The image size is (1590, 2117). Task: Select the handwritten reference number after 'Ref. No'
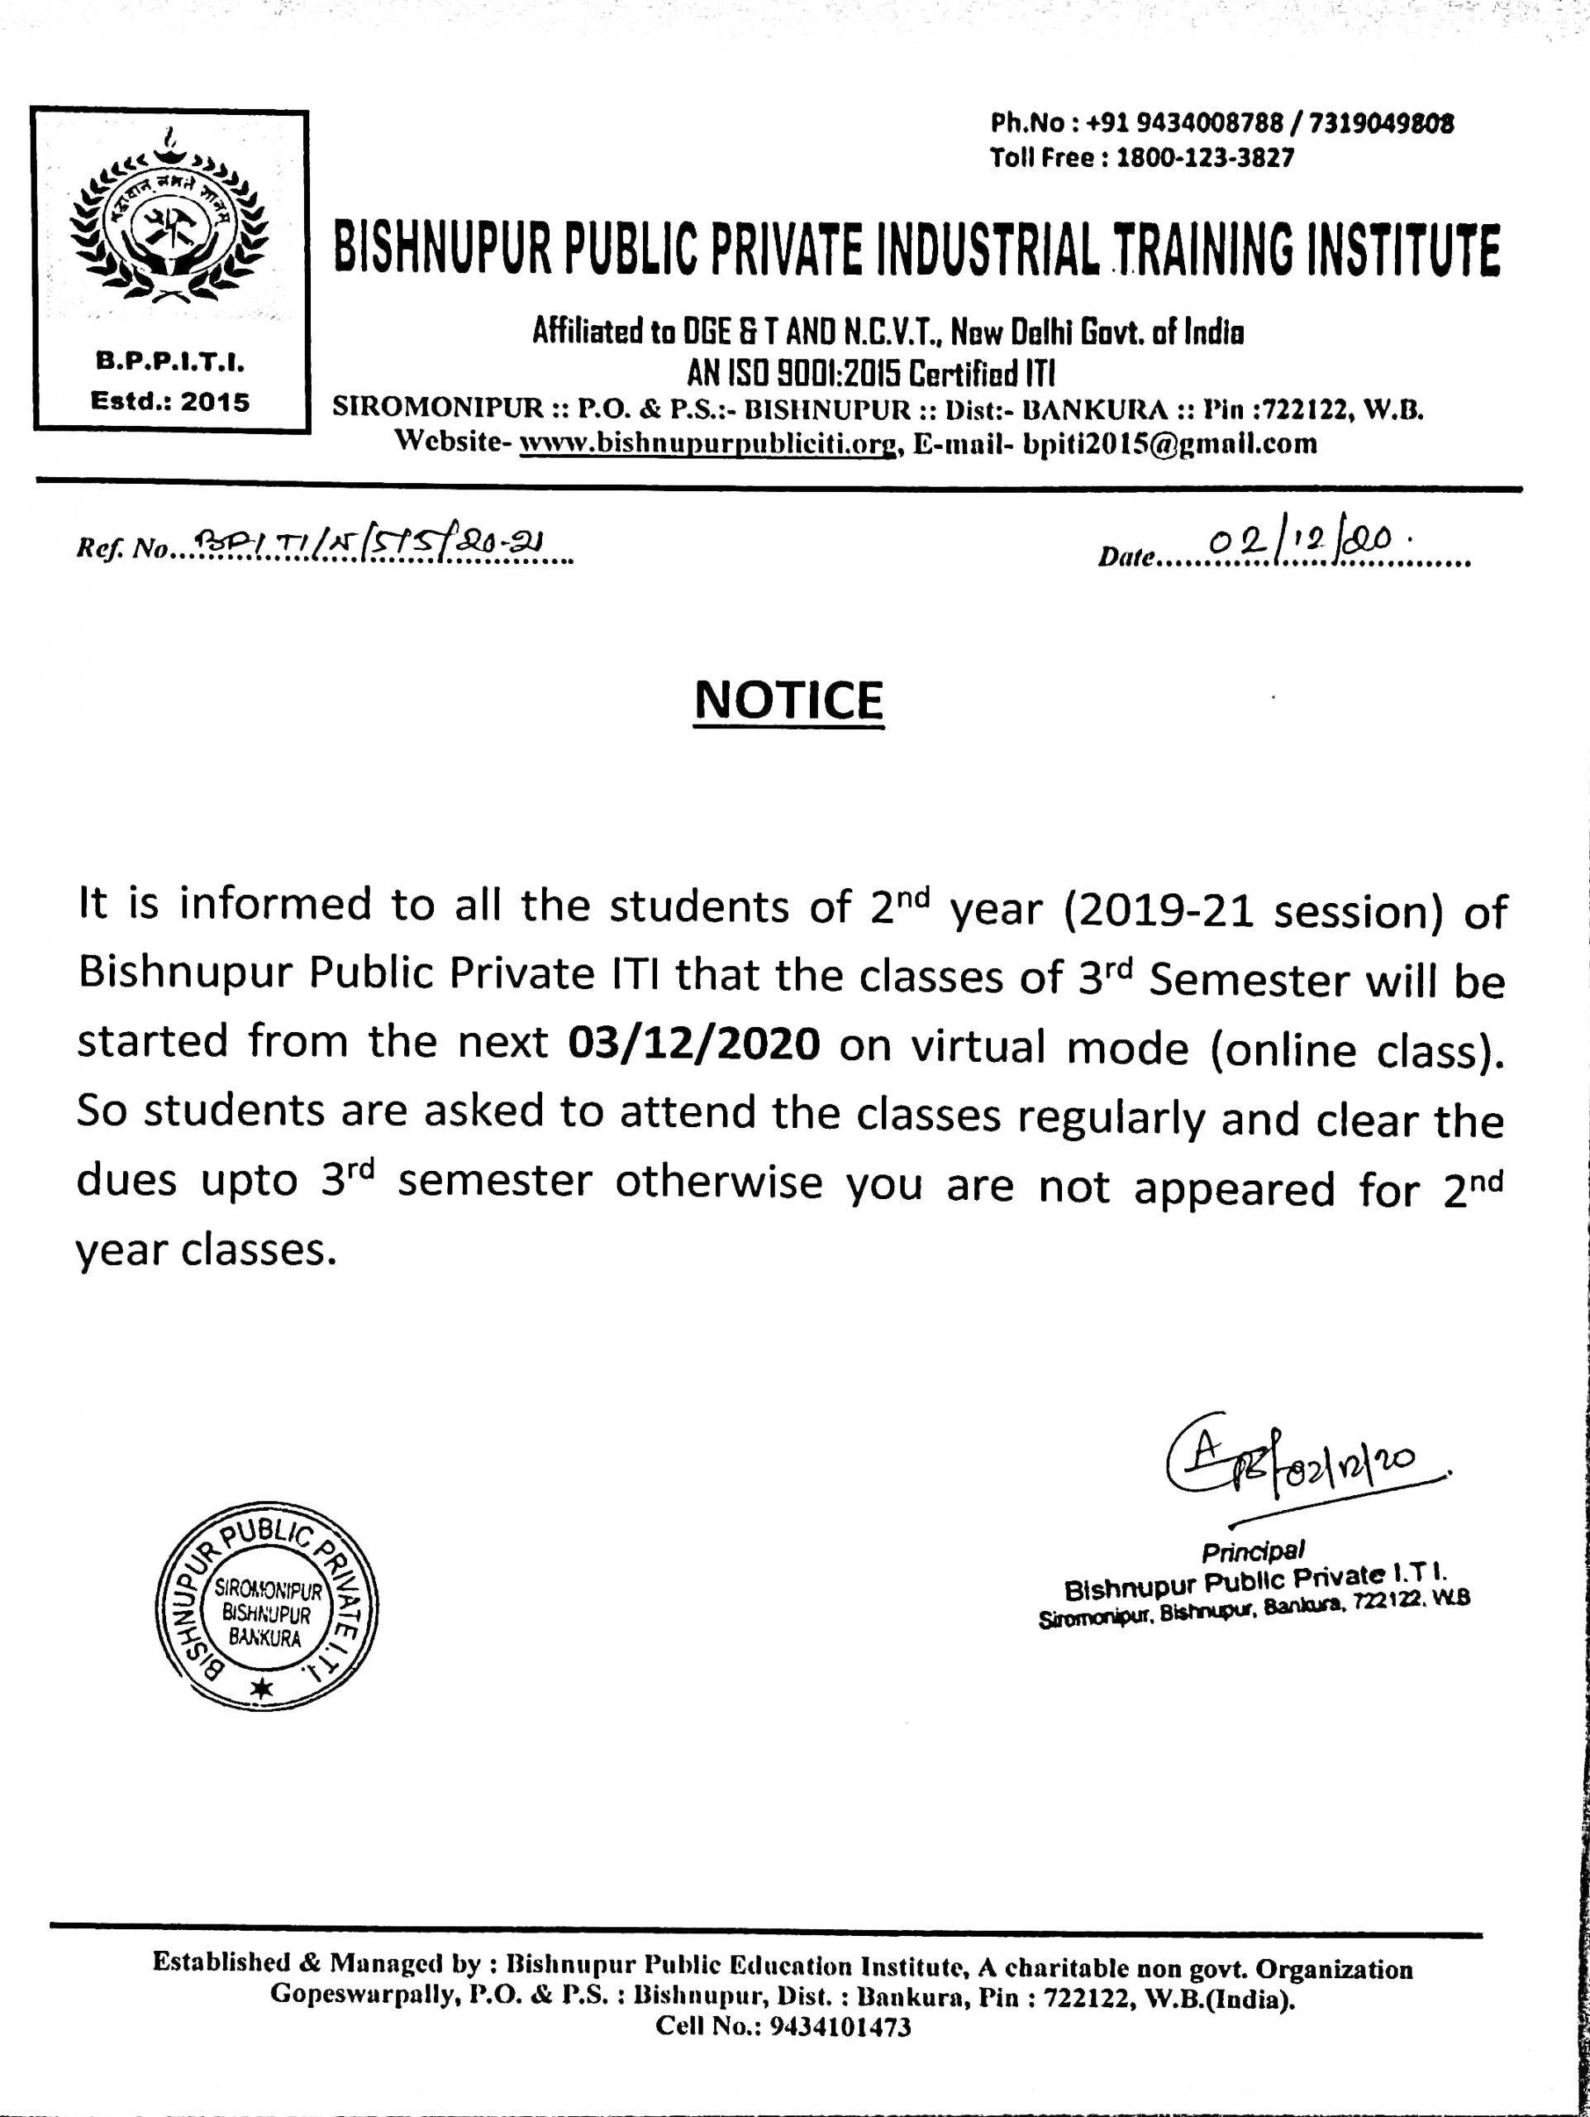[x=365, y=546]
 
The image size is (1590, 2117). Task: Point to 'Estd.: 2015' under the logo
[x=169, y=402]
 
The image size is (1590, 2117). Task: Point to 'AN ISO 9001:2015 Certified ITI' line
[x=870, y=371]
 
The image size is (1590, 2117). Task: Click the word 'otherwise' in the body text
[x=718, y=1183]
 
